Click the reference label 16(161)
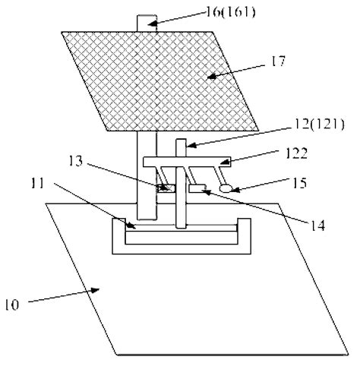[230, 12]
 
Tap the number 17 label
[278, 62]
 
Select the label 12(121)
[319, 125]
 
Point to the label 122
[296, 153]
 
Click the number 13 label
[76, 161]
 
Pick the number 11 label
[37, 183]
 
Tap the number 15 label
[299, 183]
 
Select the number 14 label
[317, 226]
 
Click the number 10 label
[12, 304]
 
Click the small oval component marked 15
[226, 188]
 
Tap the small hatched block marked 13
[166, 188]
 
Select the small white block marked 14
[197, 188]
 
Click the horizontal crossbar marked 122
[187, 162]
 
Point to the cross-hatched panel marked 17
[160, 81]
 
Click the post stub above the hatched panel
[147, 24]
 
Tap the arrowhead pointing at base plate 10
[95, 290]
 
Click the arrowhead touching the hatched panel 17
[212, 76]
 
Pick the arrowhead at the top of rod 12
[191, 145]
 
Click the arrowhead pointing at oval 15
[234, 189]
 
